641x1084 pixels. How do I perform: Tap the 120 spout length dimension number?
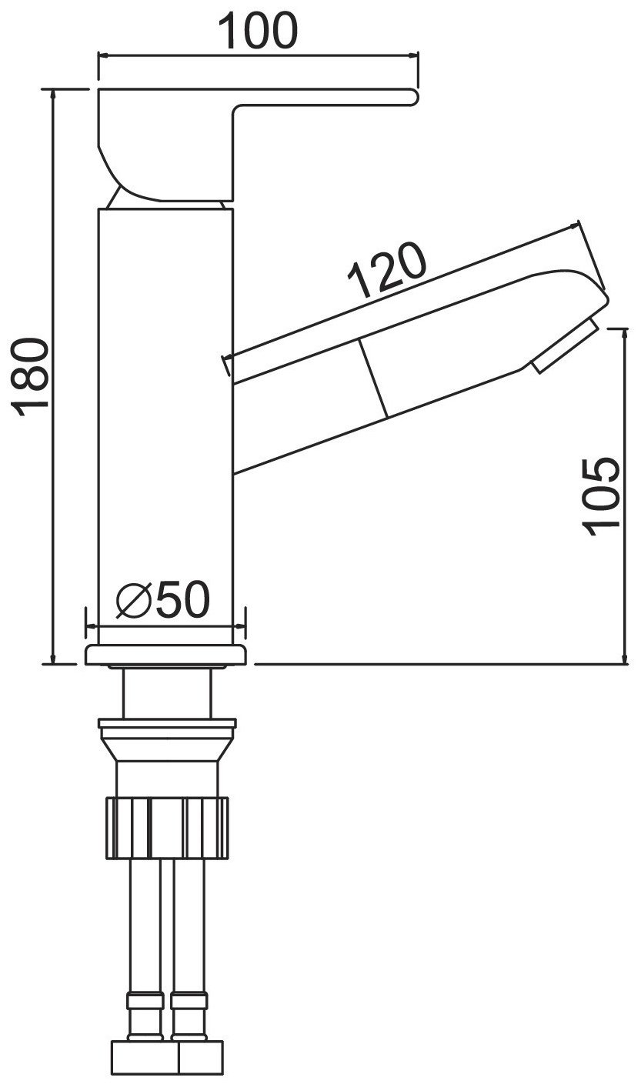[x=387, y=269]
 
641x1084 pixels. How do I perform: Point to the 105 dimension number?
[x=600, y=496]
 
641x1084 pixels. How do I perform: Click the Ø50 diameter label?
[x=163, y=599]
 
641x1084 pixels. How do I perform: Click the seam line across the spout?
[x=373, y=378]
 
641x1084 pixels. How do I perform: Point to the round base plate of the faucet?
[x=165, y=655]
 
